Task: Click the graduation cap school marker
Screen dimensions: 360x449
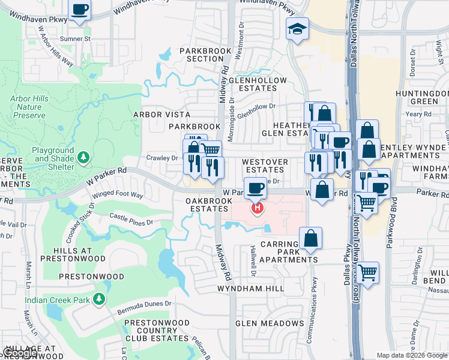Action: click(297, 29)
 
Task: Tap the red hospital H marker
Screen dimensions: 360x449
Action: click(258, 208)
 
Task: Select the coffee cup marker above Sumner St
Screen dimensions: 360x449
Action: click(80, 10)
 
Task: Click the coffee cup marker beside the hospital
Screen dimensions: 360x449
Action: click(255, 188)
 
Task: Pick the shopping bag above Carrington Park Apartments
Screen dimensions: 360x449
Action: click(310, 238)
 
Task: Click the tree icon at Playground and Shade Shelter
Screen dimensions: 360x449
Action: click(84, 158)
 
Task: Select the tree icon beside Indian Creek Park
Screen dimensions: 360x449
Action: click(98, 299)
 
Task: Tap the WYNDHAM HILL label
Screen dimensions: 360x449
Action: click(251, 289)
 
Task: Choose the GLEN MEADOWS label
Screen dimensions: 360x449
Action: click(270, 323)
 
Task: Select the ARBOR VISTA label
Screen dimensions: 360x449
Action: click(161, 114)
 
